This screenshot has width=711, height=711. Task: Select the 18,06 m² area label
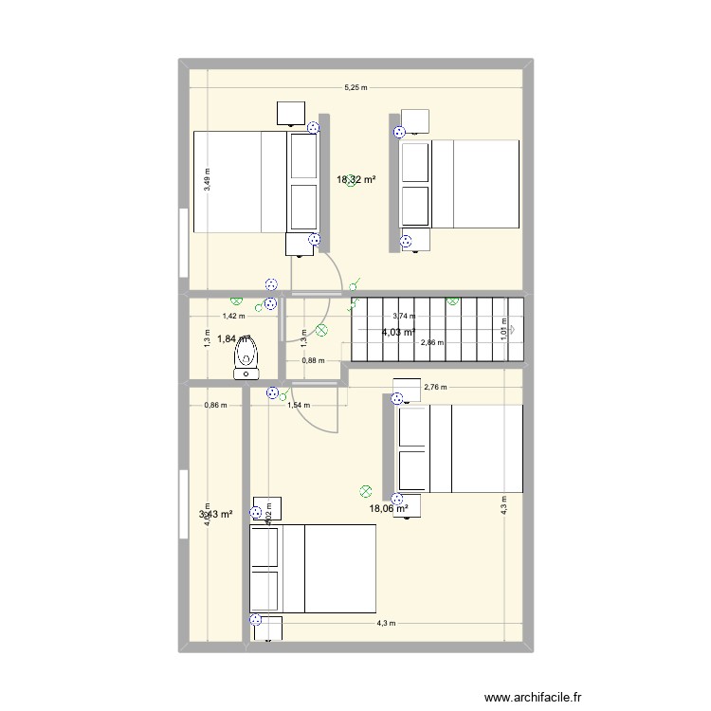click(x=388, y=508)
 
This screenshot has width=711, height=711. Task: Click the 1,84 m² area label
click(x=232, y=338)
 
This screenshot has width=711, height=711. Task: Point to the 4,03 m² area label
click(x=398, y=332)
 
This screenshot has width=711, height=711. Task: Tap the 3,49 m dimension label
click(x=207, y=180)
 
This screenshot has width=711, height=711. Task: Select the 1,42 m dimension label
click(x=233, y=317)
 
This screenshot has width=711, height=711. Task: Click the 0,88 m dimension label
click(x=313, y=360)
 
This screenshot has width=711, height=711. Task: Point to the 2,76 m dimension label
click(x=435, y=387)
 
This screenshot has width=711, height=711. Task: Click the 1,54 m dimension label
click(x=298, y=405)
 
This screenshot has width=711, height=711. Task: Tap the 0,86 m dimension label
click(x=215, y=405)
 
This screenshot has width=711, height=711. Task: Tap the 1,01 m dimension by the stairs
click(x=505, y=328)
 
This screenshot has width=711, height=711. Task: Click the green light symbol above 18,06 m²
click(x=366, y=491)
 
